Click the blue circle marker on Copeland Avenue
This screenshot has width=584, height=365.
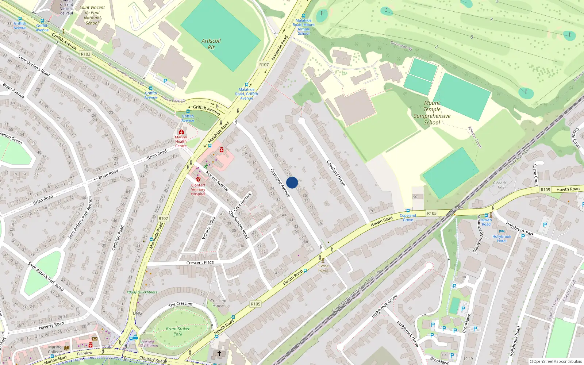click(292, 182)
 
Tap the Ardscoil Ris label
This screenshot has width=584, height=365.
click(211, 44)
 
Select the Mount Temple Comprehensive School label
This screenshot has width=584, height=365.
click(432, 113)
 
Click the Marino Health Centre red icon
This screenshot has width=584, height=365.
click(181, 132)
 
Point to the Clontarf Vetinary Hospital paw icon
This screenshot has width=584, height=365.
click(198, 179)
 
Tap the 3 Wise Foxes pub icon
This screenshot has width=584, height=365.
click(323, 260)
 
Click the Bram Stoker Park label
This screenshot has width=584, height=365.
click(178, 331)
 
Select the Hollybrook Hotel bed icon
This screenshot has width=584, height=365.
click(502, 231)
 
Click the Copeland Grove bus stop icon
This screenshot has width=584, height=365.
click(408, 211)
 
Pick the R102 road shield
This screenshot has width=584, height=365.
click(85, 54)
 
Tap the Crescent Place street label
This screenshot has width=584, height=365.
click(200, 262)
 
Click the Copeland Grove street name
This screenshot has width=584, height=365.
click(336, 173)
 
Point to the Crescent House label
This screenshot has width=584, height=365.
click(218, 303)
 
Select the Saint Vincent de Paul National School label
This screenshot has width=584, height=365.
click(92, 15)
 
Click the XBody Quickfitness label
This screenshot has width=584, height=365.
click(142, 292)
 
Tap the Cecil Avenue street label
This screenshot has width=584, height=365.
click(242, 202)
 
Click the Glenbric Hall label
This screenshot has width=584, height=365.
click(500, 185)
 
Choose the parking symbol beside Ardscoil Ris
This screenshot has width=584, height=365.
click(165, 81)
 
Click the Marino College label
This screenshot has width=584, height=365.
click(55, 349)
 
